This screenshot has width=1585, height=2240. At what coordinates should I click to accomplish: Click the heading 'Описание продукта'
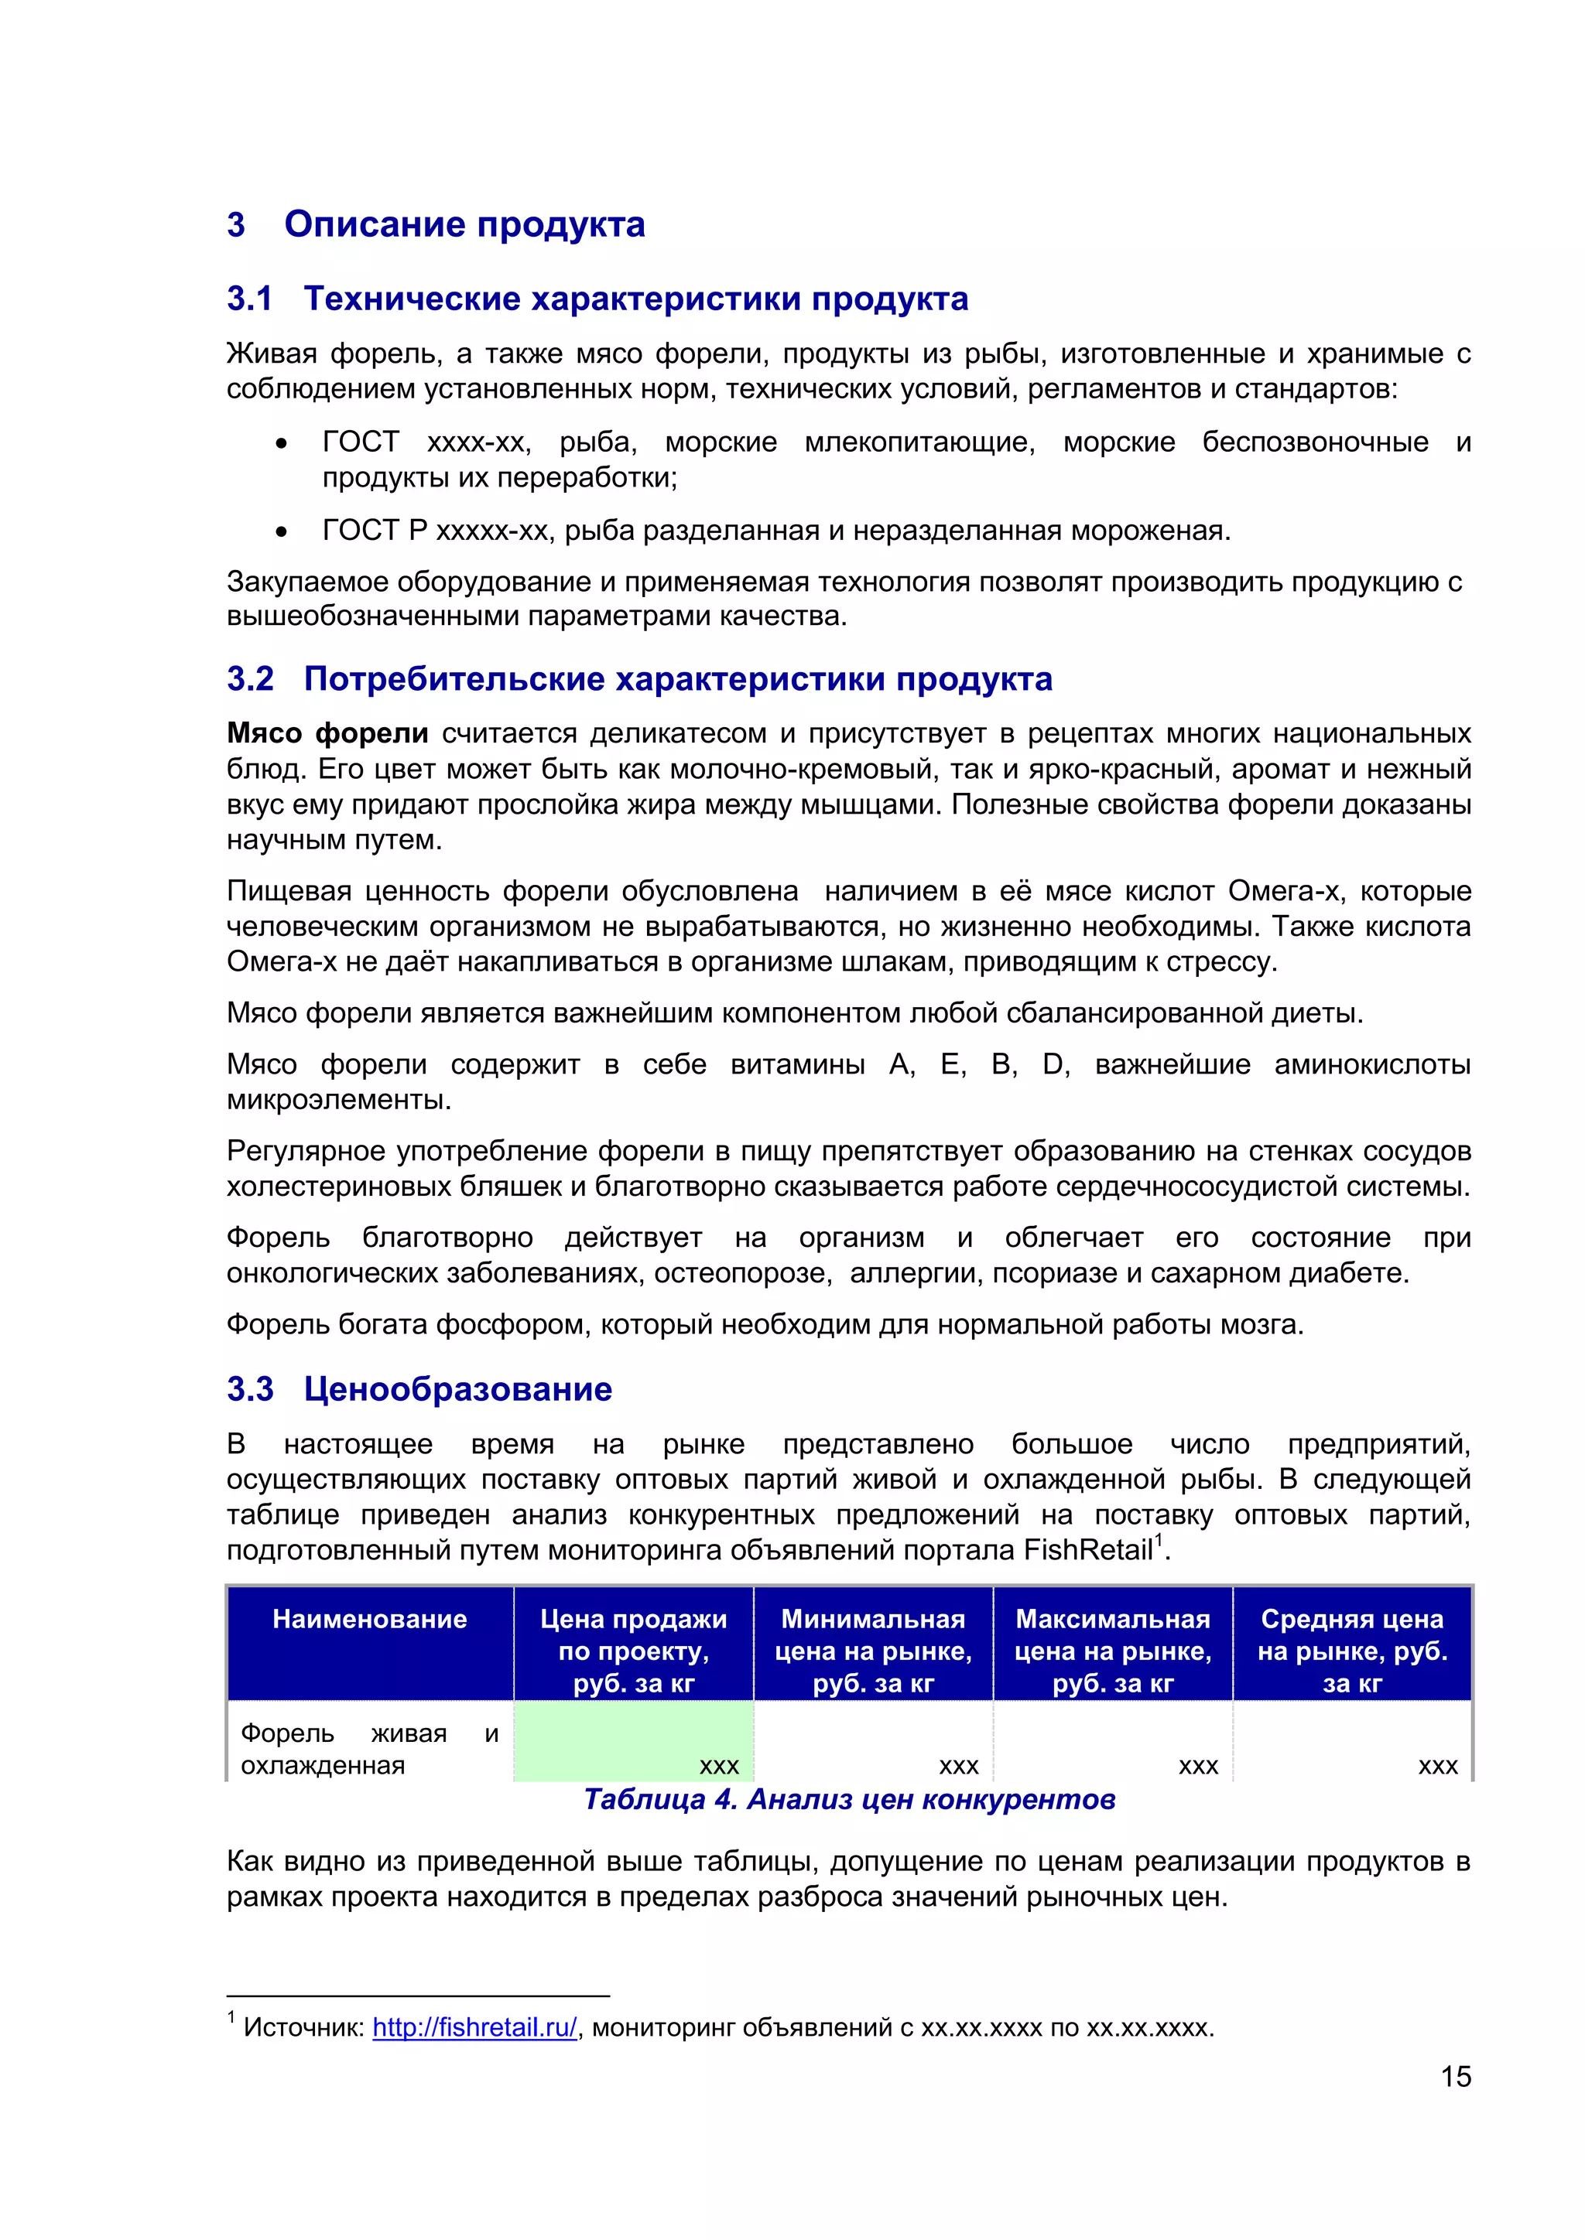464,224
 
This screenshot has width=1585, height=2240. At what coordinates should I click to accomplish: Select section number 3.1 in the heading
250,299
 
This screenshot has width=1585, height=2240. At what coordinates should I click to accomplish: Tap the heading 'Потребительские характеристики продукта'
677,679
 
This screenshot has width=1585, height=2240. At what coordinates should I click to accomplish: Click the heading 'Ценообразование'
457,1389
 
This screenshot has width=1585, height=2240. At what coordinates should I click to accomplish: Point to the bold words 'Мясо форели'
327,734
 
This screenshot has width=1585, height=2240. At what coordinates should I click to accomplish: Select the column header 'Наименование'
370,1620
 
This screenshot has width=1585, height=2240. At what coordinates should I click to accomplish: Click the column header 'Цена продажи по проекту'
633,1651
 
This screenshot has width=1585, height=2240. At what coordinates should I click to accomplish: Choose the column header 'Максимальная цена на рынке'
1113,1651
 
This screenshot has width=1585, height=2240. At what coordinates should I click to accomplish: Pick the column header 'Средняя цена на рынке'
1352,1651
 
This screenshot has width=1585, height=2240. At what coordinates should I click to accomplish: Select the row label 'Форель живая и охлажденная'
369,1750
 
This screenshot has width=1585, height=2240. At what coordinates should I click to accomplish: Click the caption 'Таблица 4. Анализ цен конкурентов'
849,1800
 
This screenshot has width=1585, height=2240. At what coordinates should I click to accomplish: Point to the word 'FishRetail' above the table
1088,1550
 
